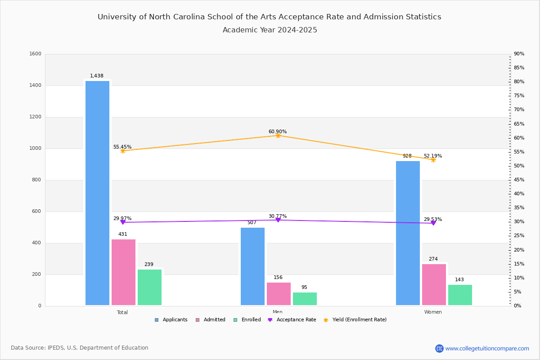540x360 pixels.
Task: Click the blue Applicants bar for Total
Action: tap(97, 193)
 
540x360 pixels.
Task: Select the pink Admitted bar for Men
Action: tap(279, 294)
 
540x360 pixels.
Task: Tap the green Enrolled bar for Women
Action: tap(460, 295)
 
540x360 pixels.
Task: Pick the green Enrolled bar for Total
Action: tap(149, 288)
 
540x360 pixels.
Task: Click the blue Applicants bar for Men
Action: tap(252, 266)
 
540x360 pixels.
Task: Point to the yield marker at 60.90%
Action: tap(278, 135)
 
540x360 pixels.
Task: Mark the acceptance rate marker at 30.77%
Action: tap(278, 220)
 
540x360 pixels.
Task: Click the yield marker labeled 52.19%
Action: tap(433, 160)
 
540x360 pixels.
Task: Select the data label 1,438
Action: tap(97, 76)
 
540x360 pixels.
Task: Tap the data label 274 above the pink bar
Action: tap(433, 259)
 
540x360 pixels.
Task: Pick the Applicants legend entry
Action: tap(171, 320)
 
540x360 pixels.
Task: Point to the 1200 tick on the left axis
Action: tap(35, 117)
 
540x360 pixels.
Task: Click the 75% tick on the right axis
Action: tap(519, 96)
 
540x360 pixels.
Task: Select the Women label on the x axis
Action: tap(433, 312)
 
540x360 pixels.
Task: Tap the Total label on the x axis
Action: tap(122, 312)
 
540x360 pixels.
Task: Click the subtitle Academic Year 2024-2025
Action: tap(270, 30)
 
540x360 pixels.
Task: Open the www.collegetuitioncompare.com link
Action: tap(487, 348)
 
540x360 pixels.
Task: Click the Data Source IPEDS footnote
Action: tap(80, 348)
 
